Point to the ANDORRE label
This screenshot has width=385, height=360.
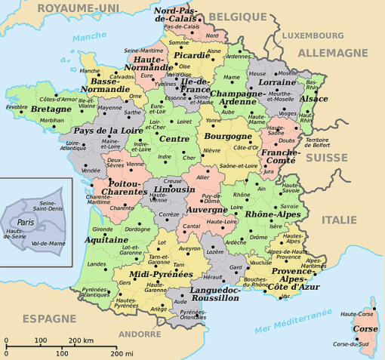tap(140, 333)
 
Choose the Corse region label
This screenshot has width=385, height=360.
tap(366, 329)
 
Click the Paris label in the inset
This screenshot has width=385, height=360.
tap(26, 222)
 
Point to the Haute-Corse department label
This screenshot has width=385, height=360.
tap(358, 314)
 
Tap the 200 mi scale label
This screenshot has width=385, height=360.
tap(121, 353)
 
